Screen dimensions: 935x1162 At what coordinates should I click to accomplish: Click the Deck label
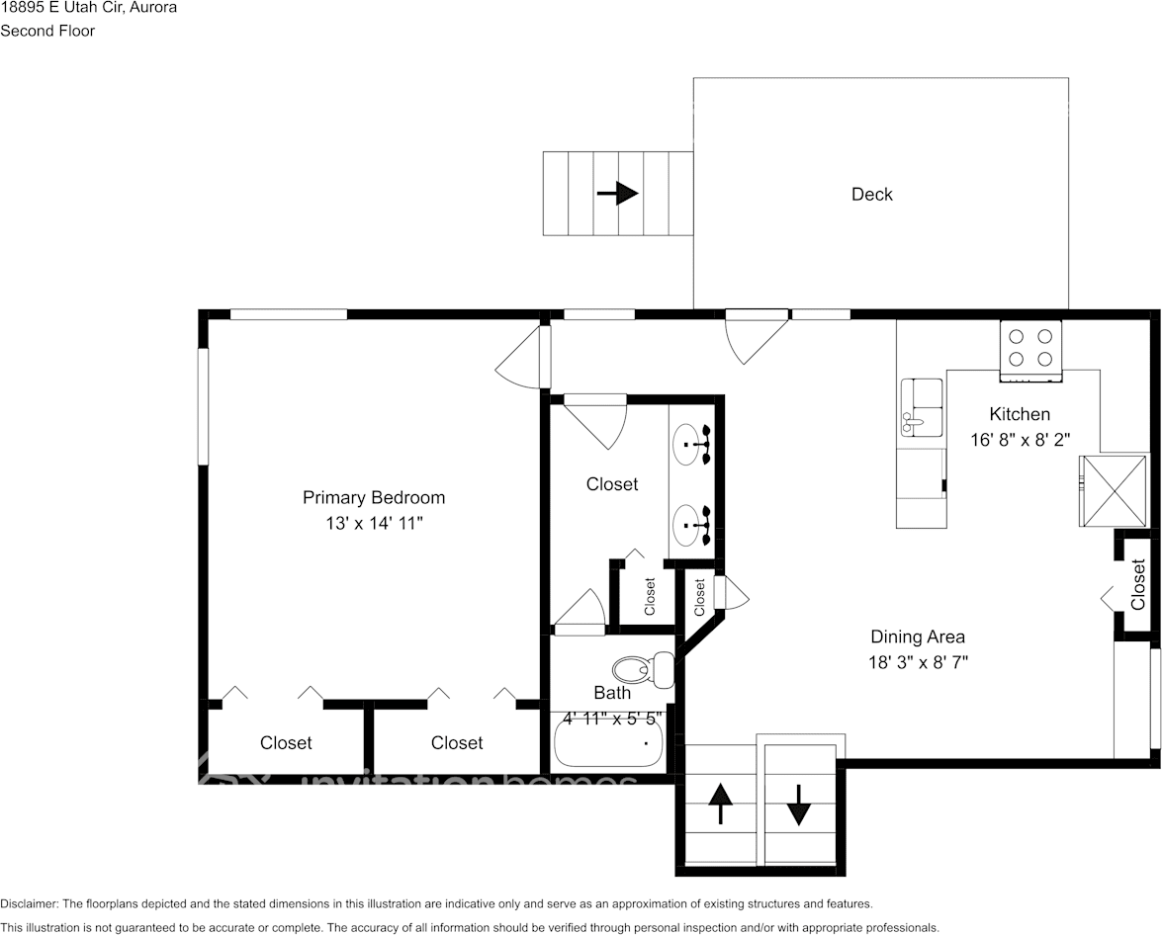(871, 195)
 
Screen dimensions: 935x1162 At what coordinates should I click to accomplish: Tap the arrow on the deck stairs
(618, 193)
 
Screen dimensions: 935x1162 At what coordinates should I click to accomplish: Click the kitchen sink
(921, 407)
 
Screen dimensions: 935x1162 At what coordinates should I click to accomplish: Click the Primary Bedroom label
(373, 497)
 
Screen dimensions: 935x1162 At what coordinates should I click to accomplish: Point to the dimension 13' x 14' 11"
(374, 523)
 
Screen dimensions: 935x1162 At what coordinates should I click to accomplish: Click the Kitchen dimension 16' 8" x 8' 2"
(1020, 440)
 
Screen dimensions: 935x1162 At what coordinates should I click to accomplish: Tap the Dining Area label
(917, 637)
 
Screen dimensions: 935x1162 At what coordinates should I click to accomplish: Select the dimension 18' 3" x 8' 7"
(917, 662)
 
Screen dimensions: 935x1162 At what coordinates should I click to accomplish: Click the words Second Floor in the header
(47, 31)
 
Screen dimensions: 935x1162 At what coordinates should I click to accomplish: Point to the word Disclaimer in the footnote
(29, 903)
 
